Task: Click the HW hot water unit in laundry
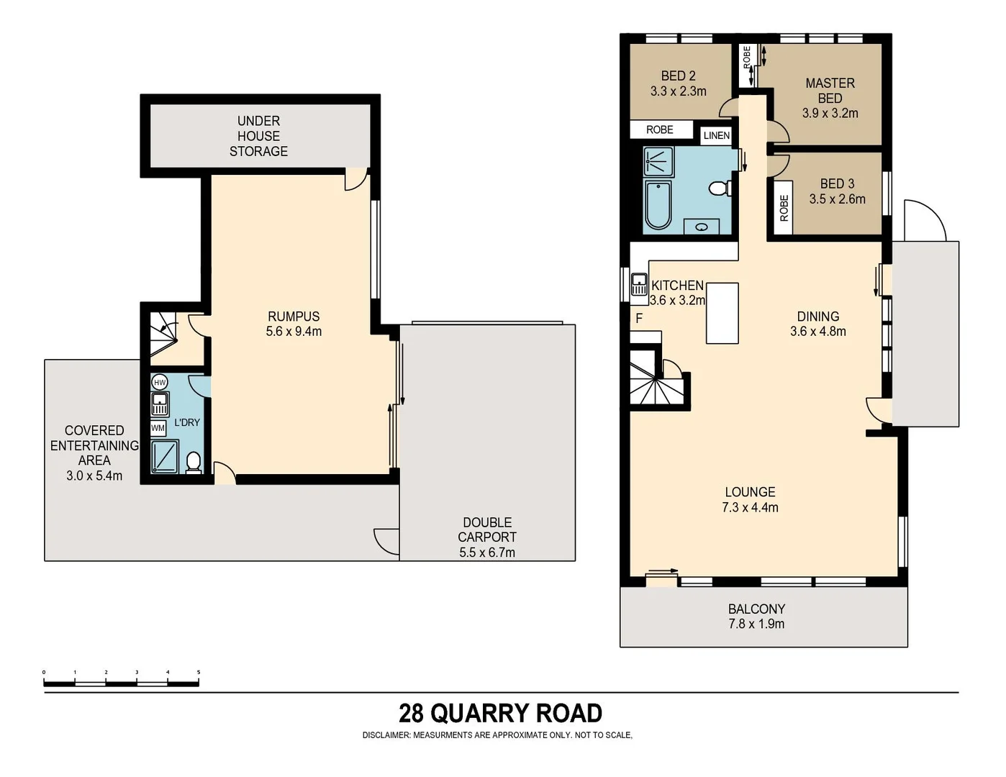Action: click(160, 383)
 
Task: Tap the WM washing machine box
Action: click(158, 428)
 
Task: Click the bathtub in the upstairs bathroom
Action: click(658, 206)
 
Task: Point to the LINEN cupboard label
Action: click(716, 135)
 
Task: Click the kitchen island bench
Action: click(722, 313)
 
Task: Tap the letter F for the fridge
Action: click(639, 318)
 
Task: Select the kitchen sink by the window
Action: click(639, 285)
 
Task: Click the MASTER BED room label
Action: click(830, 91)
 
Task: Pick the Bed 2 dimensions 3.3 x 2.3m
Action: click(678, 91)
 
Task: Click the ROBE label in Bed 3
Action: click(784, 208)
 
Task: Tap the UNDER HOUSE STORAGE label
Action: click(258, 136)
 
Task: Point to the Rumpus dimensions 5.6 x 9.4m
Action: click(294, 332)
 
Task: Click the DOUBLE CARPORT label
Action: click(487, 530)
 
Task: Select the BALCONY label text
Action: click(756, 609)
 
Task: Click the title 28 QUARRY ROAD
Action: click(500, 713)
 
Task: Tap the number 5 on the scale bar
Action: click(198, 673)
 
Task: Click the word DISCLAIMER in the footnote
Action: click(386, 735)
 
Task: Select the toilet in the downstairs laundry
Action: click(193, 462)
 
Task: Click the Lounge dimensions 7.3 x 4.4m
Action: click(750, 507)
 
